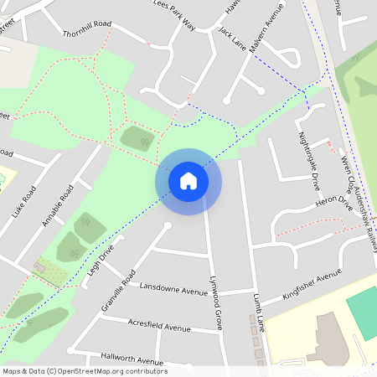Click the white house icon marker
[188, 181]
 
